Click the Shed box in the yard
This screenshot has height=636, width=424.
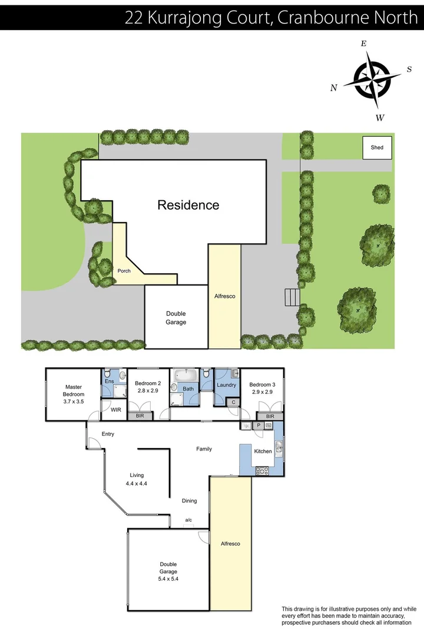[377, 147]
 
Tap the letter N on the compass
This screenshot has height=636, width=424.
[333, 88]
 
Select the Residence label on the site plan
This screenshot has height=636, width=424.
[188, 205]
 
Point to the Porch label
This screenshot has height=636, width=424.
[124, 271]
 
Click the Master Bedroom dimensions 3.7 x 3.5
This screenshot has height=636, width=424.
[74, 402]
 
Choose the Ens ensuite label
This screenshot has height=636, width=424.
[110, 382]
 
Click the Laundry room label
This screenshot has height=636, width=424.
[226, 385]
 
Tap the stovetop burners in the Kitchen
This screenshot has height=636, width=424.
[261, 470]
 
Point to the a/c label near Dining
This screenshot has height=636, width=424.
[188, 520]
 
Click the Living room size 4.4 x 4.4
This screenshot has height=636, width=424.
[136, 483]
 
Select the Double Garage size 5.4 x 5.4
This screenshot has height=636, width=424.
[168, 578]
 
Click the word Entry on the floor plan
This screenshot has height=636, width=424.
[108, 434]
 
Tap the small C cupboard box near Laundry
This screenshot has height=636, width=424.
[233, 402]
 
